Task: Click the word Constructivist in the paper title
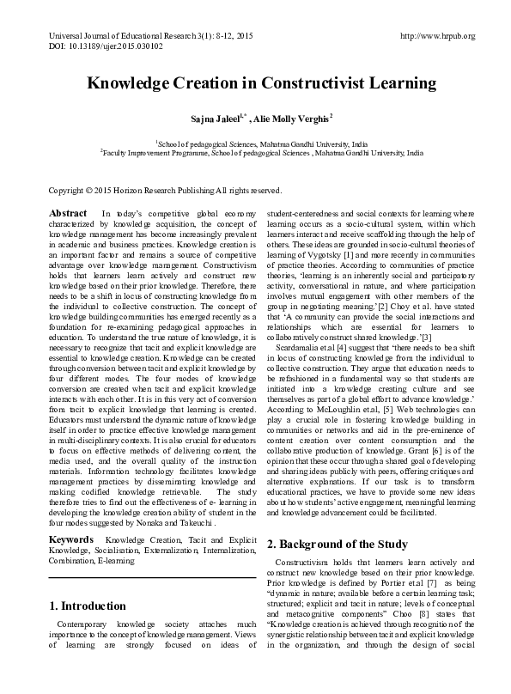click(303, 84)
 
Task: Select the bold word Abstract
click(67, 212)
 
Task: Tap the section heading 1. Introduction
click(88, 606)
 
